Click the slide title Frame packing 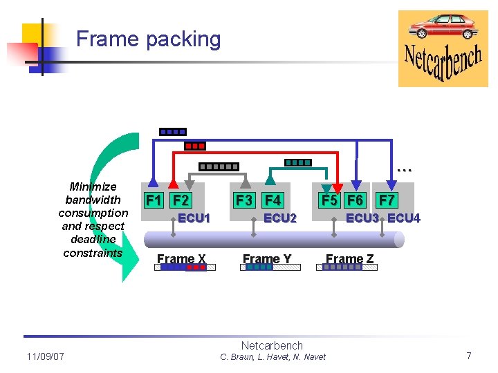148,39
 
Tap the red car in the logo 443,27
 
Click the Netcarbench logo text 443,63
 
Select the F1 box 153,200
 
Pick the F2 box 181,200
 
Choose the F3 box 244,200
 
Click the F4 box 273,200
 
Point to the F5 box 328,200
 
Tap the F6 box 356,200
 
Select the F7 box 387,200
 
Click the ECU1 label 194,218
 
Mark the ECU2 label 280,218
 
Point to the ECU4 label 404,218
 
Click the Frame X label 181,259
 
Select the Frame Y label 267,259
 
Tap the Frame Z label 350,259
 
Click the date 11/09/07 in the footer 45,356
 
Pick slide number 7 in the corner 469,356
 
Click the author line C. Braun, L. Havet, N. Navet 273,357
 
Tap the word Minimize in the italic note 93,186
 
